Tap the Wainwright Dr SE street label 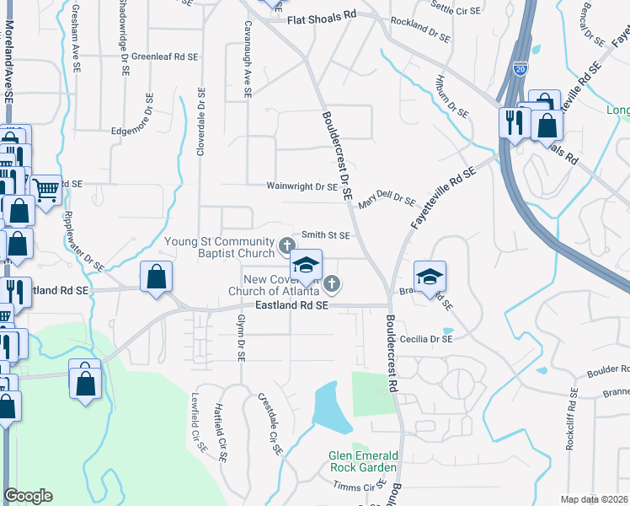coord(302,186)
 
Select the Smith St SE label coord(326,236)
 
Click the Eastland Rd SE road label coord(291,307)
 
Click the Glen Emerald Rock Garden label coord(362,462)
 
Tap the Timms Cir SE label coord(358,487)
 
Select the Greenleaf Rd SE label coord(164,57)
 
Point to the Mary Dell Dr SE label coord(387,201)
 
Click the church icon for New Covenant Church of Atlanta coord(333,283)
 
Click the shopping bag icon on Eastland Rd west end coord(156,276)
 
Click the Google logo coord(28,496)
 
